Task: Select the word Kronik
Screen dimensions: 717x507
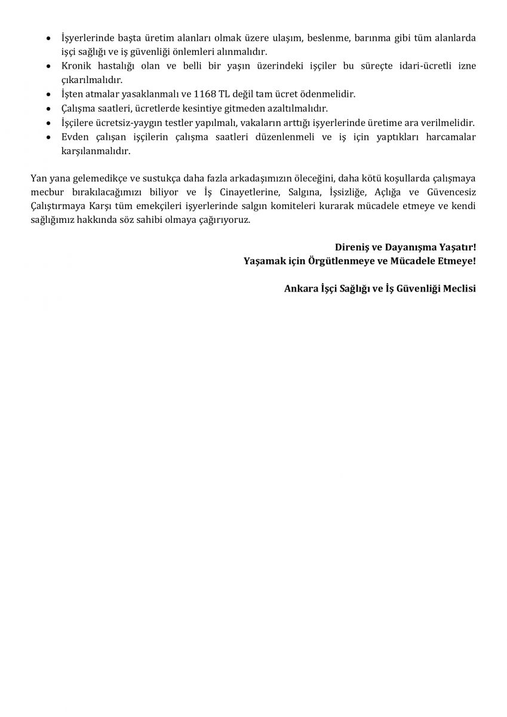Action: [76, 66]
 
